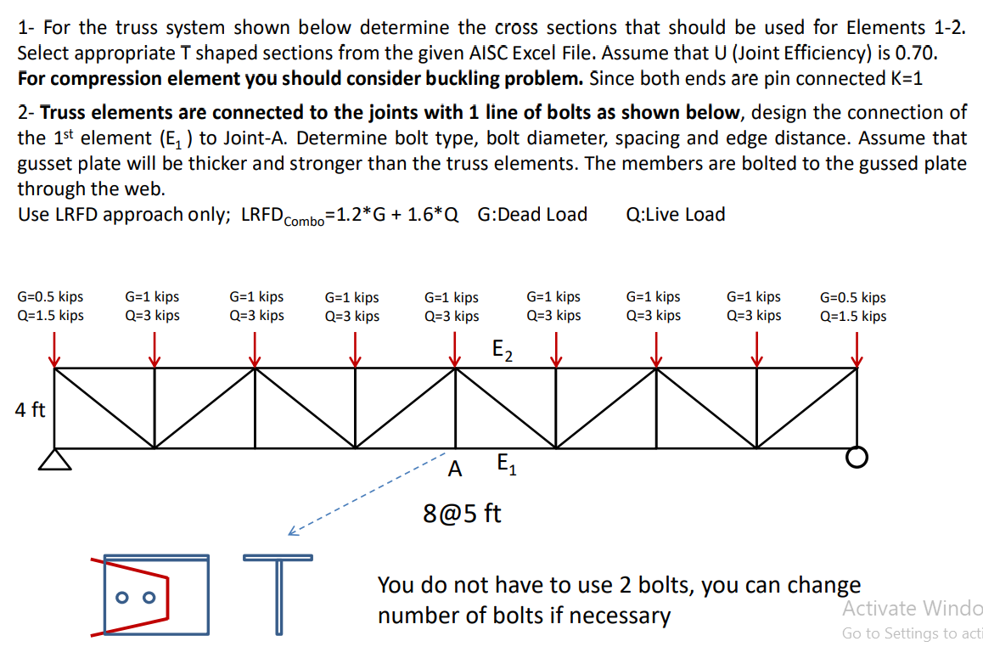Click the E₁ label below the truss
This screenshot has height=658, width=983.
(504, 464)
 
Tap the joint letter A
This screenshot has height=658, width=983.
(456, 468)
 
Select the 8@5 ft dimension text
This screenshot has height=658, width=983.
(462, 513)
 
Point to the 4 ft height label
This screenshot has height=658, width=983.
(31, 410)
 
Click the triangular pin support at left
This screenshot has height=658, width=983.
(55, 459)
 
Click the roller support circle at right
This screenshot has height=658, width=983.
(857, 458)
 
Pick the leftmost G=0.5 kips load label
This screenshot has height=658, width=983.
(50, 297)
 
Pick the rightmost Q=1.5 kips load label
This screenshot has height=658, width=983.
(853, 316)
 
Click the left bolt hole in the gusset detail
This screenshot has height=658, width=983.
(122, 597)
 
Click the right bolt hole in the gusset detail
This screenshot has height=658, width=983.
(149, 597)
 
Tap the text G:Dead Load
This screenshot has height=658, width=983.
(532, 214)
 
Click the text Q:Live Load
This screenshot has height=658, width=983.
(675, 214)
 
